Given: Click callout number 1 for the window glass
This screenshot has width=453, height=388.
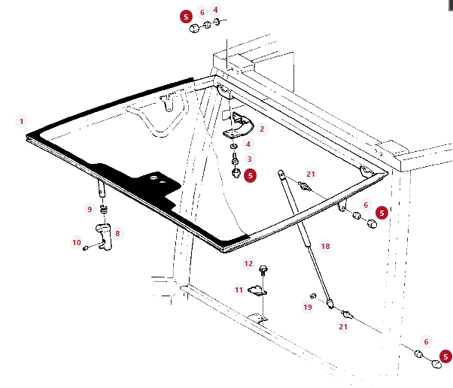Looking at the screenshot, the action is click(x=21, y=121).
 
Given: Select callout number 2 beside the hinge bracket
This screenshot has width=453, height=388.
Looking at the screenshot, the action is click(x=262, y=129).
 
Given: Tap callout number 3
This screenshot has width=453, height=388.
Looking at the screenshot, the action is click(x=249, y=159).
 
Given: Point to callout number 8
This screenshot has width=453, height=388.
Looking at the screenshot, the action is click(x=117, y=233).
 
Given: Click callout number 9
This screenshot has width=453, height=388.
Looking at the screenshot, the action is click(x=90, y=209).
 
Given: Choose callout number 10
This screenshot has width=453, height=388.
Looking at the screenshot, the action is click(x=77, y=242).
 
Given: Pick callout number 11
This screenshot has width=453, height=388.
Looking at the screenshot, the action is click(x=239, y=289).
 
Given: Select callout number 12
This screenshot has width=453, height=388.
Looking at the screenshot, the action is click(x=248, y=264).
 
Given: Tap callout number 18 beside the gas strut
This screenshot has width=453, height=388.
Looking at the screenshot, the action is click(x=325, y=246).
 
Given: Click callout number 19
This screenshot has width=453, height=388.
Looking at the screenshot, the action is click(x=308, y=307).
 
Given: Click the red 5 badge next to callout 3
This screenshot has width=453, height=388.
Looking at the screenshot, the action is click(x=250, y=175).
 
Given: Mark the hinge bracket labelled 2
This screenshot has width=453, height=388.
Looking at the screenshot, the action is click(x=239, y=126).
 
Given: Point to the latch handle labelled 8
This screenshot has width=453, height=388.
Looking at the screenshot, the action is click(x=104, y=237).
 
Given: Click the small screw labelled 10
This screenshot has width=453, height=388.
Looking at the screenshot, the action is click(x=86, y=248).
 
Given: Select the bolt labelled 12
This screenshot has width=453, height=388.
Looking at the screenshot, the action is click(x=263, y=271).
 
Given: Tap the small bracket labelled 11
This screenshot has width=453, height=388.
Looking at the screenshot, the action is click(x=257, y=291).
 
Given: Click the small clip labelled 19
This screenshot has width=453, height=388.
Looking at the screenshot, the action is click(x=313, y=296).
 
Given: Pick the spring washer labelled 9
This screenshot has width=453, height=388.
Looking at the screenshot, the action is click(x=104, y=209).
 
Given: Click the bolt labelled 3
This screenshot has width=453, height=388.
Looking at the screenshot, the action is click(x=236, y=159).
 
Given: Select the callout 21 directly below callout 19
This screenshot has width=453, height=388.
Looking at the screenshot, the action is click(x=343, y=326).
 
